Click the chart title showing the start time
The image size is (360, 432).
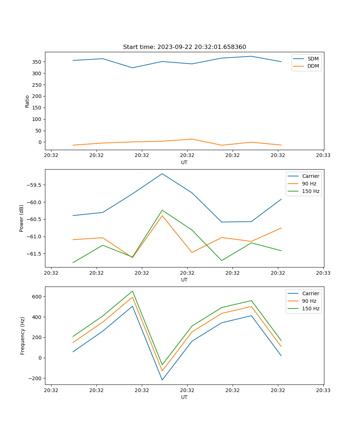click(x=184, y=47)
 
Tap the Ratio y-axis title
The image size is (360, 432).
click(x=27, y=101)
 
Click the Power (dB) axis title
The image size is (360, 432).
click(x=22, y=218)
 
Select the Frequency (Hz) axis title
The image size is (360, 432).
click(x=22, y=336)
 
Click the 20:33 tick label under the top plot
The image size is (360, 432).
click(x=323, y=156)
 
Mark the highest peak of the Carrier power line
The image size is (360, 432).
click(x=162, y=174)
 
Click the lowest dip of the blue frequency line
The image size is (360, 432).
click(x=162, y=380)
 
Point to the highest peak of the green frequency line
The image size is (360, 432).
click(x=132, y=291)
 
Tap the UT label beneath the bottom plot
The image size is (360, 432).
click(x=184, y=397)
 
